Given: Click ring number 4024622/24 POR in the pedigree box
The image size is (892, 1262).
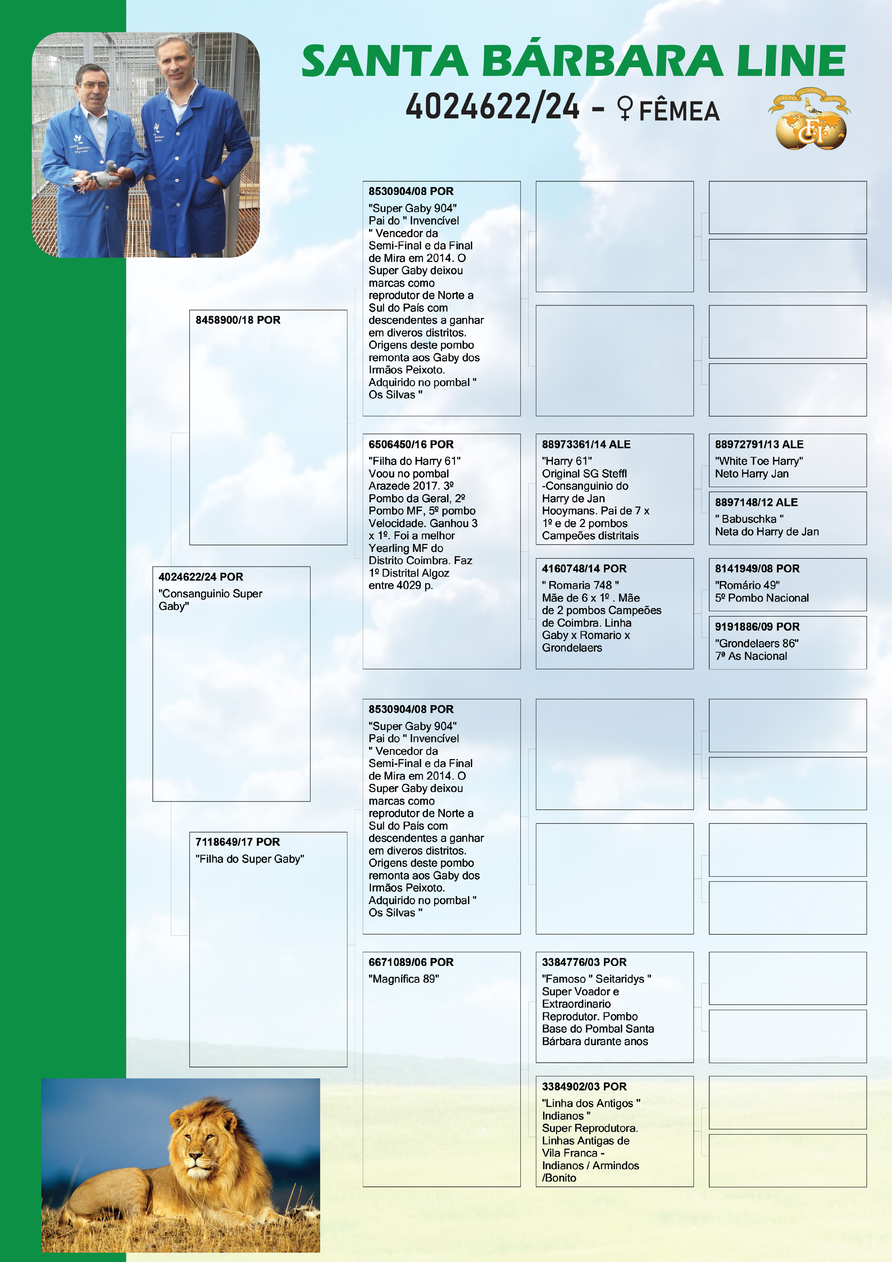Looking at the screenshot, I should [x=201, y=577].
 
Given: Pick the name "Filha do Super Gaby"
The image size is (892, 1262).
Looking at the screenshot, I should [x=250, y=859].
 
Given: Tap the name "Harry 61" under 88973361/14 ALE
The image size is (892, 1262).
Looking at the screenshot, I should [x=566, y=460].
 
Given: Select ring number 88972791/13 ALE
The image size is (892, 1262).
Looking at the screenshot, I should [x=759, y=444].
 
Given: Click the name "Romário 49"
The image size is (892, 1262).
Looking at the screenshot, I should [x=747, y=585].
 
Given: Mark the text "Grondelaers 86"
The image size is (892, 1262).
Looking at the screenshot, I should [x=756, y=643].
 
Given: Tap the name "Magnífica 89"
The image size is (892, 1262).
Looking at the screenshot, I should [x=404, y=979].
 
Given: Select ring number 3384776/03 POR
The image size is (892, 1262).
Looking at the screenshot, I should [x=584, y=962].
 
